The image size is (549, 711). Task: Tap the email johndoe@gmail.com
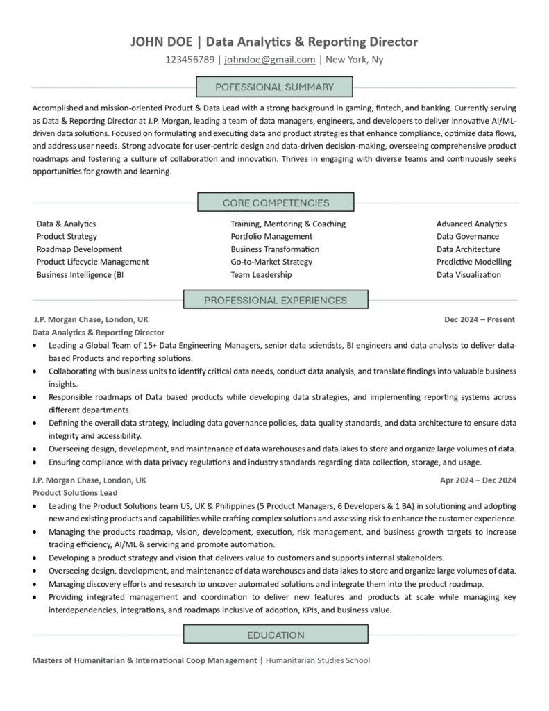pos(269,60)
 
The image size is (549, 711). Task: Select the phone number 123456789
pos(190,60)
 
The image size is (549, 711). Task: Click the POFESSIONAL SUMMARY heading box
pos(275,87)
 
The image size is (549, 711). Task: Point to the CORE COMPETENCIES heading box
pos(276,203)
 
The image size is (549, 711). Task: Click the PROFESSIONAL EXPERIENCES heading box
pos(275,301)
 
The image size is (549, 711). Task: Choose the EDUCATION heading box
pos(275,635)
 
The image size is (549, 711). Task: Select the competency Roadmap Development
pos(79,249)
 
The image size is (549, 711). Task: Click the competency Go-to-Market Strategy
pos(271,262)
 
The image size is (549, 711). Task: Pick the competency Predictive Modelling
pos(473,262)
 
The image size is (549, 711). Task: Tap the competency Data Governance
pos(467,237)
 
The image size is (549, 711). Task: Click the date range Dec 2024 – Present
pos(480,320)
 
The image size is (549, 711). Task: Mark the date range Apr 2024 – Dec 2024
pos(478,480)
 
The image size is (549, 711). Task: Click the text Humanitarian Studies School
pos(318,660)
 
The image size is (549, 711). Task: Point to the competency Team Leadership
pos(261,274)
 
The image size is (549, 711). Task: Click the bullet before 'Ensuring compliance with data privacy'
pos(35,462)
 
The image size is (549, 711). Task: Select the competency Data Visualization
pos(468,274)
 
